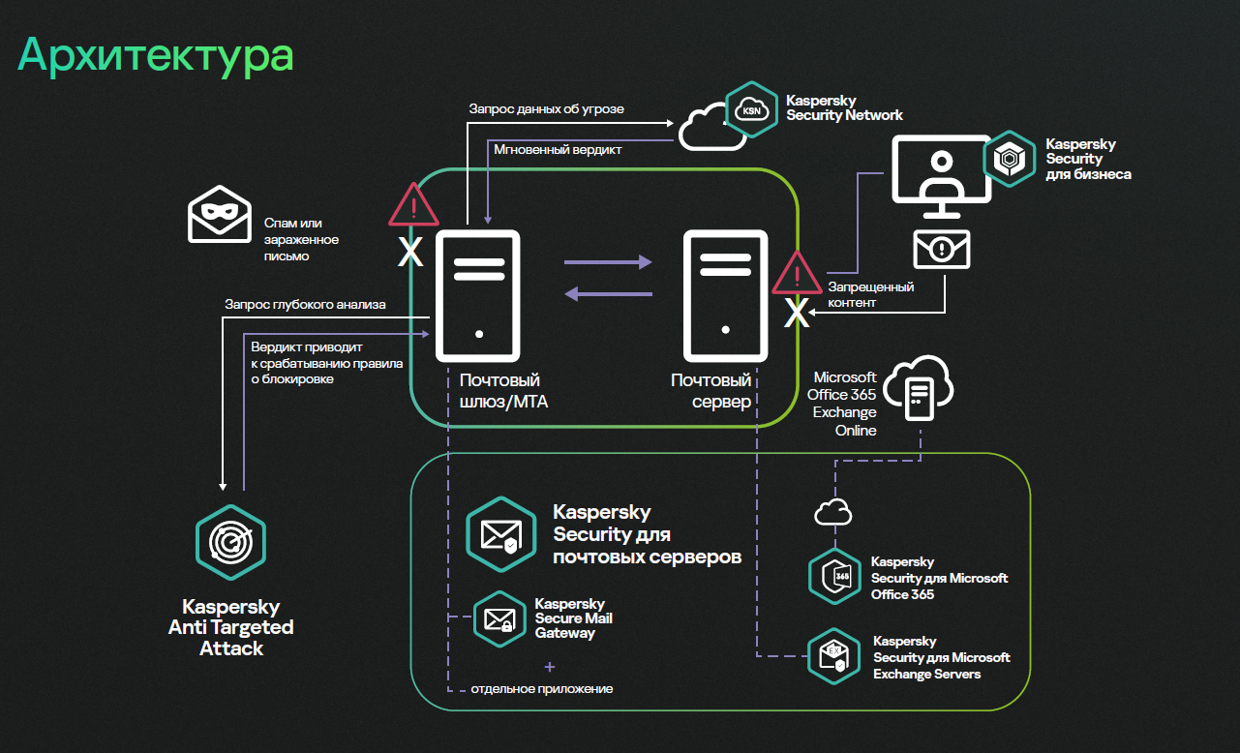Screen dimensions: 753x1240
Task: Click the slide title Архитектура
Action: pos(156,55)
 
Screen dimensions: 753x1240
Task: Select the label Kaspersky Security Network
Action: pos(843,107)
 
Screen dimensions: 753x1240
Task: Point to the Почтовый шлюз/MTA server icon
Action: pos(479,294)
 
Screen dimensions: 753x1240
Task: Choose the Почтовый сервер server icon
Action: pos(725,294)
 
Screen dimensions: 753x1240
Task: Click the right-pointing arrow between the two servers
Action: pos(609,261)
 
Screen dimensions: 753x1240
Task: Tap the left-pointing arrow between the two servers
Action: pos(609,294)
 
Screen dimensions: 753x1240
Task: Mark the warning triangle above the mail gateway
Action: pos(413,205)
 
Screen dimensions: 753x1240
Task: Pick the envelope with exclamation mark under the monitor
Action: pos(942,249)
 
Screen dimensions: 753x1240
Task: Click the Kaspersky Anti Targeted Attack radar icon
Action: pos(230,542)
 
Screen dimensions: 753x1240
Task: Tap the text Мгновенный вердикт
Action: pos(558,150)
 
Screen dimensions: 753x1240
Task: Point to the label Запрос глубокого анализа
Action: pos(305,304)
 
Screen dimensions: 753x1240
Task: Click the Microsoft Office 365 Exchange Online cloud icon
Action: pos(919,391)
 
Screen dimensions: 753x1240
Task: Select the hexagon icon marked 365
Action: pos(834,576)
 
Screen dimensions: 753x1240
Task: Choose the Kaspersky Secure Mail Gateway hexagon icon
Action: pos(499,618)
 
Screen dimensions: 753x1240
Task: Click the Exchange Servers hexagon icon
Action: pos(834,656)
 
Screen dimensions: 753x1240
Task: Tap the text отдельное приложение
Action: pos(542,689)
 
